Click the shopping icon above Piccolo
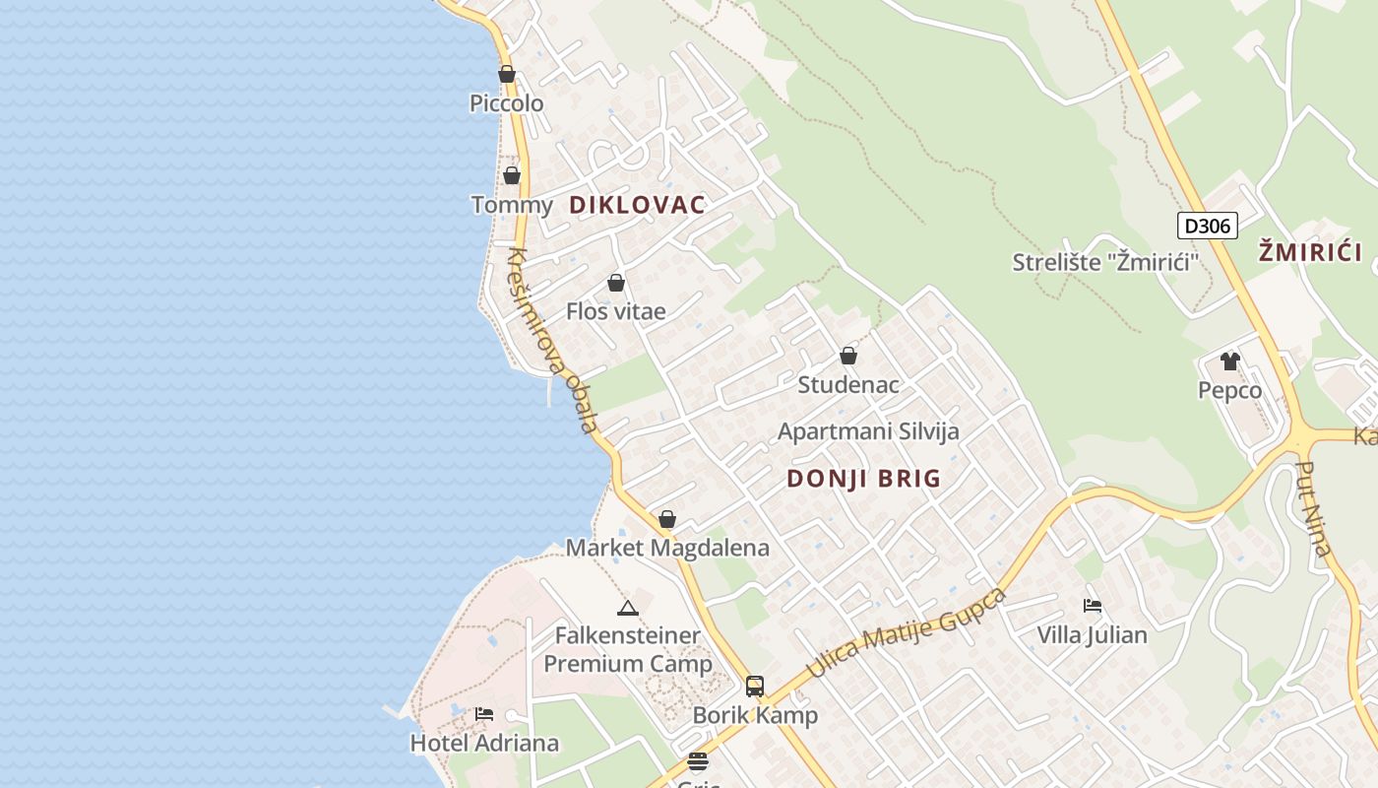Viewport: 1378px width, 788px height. (507, 74)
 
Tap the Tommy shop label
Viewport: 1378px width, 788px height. (512, 205)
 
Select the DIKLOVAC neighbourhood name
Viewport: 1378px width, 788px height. (637, 205)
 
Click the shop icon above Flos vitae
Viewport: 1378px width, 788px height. (616, 284)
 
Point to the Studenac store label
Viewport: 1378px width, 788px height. (848, 384)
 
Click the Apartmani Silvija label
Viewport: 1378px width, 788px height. (868, 431)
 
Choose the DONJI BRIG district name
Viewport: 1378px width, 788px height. (864, 479)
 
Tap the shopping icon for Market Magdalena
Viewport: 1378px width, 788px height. (667, 519)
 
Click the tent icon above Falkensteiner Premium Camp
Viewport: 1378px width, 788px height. (628, 608)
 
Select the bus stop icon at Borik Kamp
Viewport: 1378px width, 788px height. (755, 687)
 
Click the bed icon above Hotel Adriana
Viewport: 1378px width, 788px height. (484, 714)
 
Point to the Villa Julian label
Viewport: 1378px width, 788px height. (1093, 635)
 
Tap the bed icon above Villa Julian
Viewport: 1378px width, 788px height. (1093, 606)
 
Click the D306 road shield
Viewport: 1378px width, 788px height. (1207, 226)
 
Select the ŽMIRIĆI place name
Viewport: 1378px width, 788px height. (1310, 252)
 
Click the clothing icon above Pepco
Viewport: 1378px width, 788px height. (1230, 361)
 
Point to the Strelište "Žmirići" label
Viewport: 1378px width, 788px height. (1106, 262)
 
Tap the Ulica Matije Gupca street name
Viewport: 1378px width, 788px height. (907, 632)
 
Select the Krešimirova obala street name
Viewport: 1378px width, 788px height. (552, 340)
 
